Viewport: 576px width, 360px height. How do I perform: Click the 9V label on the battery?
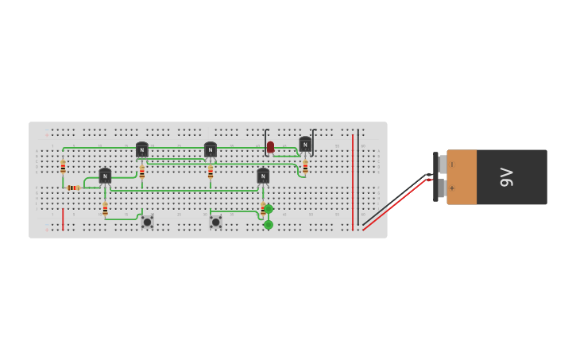(x=506, y=177)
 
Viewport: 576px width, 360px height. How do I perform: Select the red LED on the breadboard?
(x=270, y=147)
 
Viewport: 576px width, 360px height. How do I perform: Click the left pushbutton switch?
(x=147, y=222)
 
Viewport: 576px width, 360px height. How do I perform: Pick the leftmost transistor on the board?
(x=105, y=176)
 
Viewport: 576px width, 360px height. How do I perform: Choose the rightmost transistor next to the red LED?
(x=305, y=144)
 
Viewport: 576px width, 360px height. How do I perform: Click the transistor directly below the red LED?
(x=263, y=176)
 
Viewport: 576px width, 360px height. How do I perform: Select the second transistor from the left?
(x=141, y=149)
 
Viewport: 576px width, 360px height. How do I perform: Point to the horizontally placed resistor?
(x=73, y=188)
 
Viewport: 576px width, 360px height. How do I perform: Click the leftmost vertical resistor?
(x=63, y=167)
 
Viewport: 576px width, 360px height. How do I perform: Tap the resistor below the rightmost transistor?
(x=305, y=166)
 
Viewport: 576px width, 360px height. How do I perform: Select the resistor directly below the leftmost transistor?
(x=105, y=209)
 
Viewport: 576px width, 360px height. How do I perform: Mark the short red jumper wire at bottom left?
(x=63, y=219)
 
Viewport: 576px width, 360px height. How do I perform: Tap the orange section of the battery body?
(x=462, y=177)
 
